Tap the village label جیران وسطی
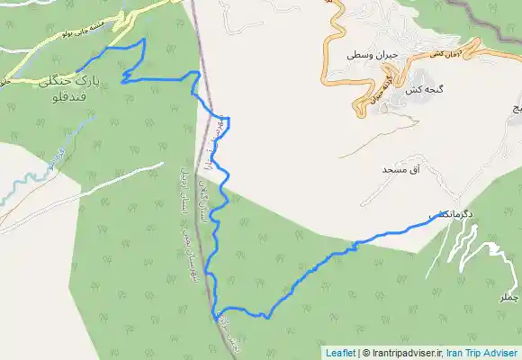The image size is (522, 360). [x=373, y=55]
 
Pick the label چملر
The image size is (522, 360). [x=509, y=297]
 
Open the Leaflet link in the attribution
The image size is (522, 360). [x=340, y=353]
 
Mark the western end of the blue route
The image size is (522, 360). [x=77, y=70]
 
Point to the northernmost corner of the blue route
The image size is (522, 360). [x=144, y=40]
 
